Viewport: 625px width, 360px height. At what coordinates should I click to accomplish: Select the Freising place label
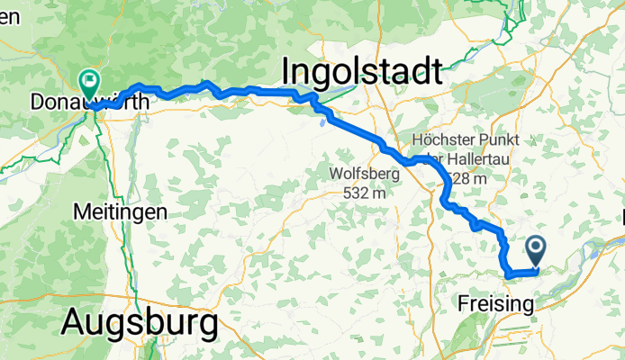(495, 303)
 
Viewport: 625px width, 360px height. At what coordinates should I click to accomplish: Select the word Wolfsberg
(369, 175)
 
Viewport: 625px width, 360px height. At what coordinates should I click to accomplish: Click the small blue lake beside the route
(322, 123)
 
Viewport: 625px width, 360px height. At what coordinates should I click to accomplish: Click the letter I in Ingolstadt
(288, 72)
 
